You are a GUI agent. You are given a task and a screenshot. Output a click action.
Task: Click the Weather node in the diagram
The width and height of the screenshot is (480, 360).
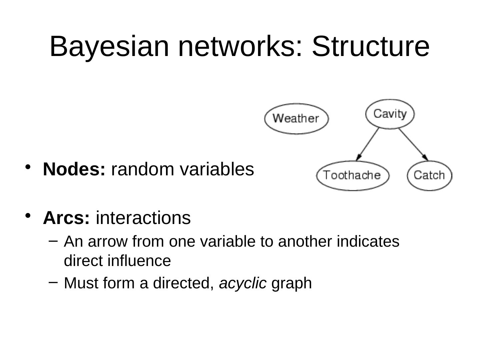tap(296, 118)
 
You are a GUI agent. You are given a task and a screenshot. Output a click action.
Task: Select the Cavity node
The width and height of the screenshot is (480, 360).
tap(390, 114)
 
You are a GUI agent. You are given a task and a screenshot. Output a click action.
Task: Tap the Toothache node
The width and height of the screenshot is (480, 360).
tap(352, 175)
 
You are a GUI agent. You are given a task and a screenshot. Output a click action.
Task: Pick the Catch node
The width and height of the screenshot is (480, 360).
tap(429, 175)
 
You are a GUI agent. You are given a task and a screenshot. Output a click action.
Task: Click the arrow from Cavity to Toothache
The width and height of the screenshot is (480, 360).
tap(368, 144)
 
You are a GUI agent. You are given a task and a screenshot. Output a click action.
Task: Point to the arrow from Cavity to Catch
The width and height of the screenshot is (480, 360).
tap(413, 144)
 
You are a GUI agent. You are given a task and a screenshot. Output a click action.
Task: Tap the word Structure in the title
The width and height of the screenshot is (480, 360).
tap(370, 47)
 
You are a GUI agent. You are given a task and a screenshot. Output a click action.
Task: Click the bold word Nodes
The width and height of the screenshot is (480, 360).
tap(74, 169)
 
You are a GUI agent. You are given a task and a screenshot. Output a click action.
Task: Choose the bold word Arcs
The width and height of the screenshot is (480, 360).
tap(66, 218)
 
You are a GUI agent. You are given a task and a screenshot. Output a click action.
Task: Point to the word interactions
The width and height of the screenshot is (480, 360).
tap(143, 218)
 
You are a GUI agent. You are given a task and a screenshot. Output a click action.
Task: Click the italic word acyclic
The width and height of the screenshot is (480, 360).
tap(243, 283)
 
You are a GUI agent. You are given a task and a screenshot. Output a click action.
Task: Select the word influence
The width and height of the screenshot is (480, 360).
tap(139, 261)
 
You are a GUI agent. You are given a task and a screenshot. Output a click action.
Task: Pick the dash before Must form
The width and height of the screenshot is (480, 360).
tap(54, 282)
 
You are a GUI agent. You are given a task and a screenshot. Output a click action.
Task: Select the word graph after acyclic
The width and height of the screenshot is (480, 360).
tap(291, 283)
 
